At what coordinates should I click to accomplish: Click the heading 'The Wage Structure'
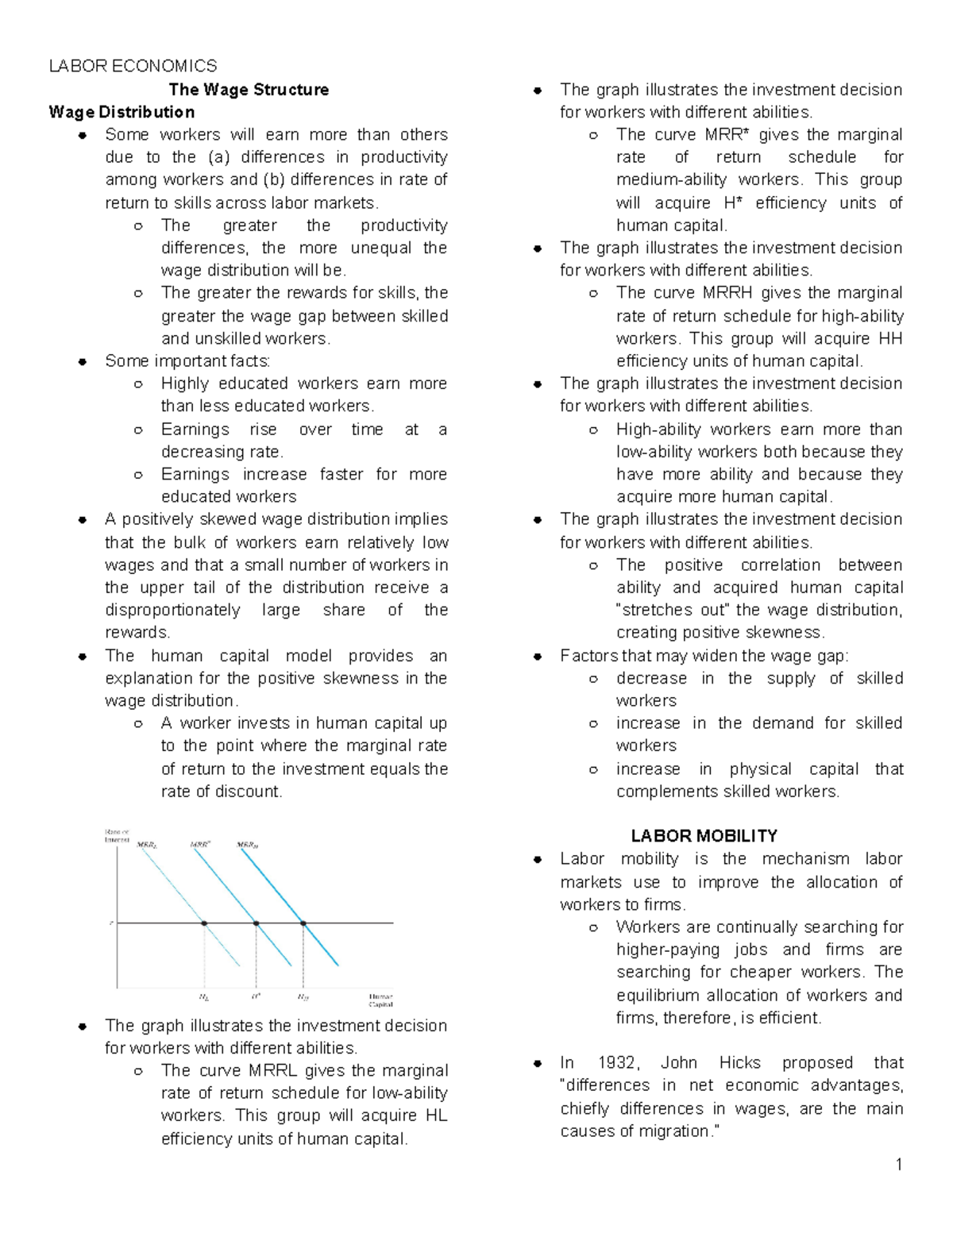pos(249,90)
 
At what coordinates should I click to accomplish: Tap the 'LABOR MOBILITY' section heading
pos(704,836)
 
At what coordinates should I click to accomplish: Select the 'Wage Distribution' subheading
pos(122,112)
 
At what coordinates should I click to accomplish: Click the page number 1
pos(899,1165)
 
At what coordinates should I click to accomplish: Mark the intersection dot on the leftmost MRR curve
pos(204,923)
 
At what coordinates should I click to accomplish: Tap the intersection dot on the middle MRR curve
pos(256,923)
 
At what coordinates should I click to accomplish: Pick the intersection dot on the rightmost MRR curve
pos(303,923)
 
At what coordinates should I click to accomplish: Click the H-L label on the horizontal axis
pos(204,997)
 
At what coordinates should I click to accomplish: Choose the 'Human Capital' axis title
pos(380,1000)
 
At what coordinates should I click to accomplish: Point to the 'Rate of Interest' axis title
pos(117,835)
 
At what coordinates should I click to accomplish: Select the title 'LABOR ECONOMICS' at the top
pos(133,66)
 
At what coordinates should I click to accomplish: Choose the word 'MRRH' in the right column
pos(724,293)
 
